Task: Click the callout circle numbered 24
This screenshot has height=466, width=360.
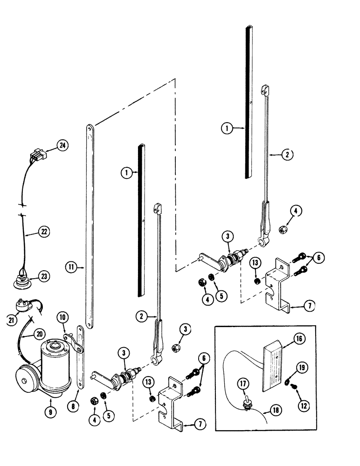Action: pos(62,146)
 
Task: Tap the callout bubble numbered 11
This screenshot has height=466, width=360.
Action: pos(71,267)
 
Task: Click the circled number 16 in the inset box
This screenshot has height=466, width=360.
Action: pos(299,339)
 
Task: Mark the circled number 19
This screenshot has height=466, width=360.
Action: pos(302,367)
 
